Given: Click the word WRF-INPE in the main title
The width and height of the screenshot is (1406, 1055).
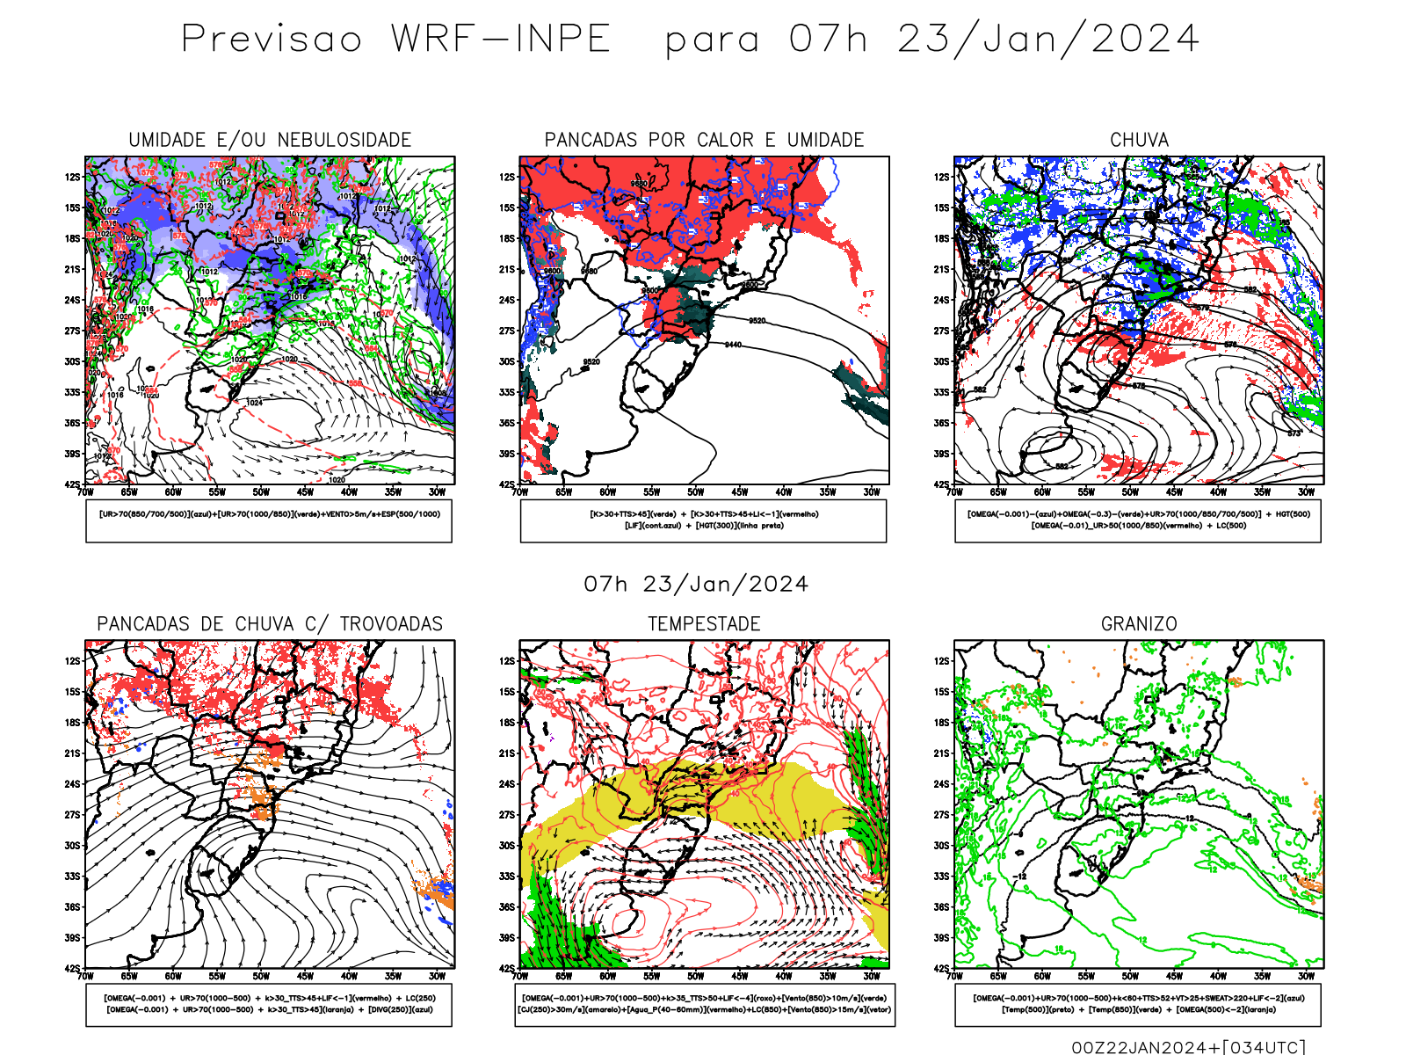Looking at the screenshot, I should point(500,40).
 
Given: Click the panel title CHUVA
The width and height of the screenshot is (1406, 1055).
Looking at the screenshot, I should point(1139,140).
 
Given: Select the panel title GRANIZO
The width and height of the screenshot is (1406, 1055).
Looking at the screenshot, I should point(1139,624).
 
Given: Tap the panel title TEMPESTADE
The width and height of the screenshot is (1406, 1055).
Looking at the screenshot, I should point(704,624).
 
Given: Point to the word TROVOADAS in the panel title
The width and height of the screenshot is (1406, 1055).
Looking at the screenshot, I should point(391,624).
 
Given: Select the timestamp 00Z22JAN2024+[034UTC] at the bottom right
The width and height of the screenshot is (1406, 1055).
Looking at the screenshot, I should point(1188,1046).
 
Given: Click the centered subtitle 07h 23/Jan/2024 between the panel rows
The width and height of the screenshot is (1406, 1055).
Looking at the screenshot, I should point(696,585).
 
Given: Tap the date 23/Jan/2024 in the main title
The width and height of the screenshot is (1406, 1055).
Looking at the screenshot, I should point(1047,40).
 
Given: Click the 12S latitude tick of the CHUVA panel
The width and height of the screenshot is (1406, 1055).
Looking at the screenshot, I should point(942,177).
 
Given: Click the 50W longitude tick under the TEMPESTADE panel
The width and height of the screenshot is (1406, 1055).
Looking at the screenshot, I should point(696,976).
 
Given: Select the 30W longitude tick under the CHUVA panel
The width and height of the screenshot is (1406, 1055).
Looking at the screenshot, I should point(1307,492).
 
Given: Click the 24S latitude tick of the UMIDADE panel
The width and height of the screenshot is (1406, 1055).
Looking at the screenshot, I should point(72,300).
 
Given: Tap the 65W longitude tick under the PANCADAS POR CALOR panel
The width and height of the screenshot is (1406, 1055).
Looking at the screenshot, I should point(563,492).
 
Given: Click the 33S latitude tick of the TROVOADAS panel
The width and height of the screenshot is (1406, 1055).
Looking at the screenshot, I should point(72,877).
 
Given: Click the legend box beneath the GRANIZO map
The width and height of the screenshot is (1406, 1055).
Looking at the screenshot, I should point(1138,1004).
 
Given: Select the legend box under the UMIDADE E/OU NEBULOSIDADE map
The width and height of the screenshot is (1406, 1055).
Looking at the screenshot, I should point(269,520).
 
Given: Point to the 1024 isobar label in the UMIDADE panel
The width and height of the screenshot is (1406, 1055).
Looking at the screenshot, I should point(254,403).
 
